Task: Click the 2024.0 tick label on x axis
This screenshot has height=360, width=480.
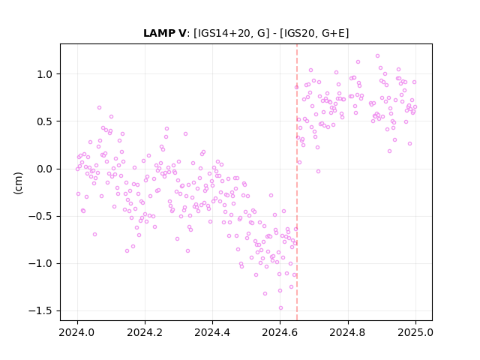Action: tap(77, 332)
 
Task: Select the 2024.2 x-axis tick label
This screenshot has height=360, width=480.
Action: tap(145, 332)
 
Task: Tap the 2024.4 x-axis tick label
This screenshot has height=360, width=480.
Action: tap(212, 332)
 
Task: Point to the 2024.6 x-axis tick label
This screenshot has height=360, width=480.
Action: tap(280, 332)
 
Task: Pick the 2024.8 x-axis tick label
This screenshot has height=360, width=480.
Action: tap(347, 332)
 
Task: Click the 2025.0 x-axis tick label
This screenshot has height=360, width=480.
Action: tap(415, 332)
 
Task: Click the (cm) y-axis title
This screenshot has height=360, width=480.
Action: tap(18, 183)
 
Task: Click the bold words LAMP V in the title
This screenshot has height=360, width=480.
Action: tap(164, 33)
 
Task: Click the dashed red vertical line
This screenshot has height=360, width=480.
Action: tap(297, 182)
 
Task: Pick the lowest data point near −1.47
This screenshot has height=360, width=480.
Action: tap(280, 308)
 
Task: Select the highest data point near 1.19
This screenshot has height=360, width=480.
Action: tap(377, 56)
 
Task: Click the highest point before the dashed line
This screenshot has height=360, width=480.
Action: tap(99, 108)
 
